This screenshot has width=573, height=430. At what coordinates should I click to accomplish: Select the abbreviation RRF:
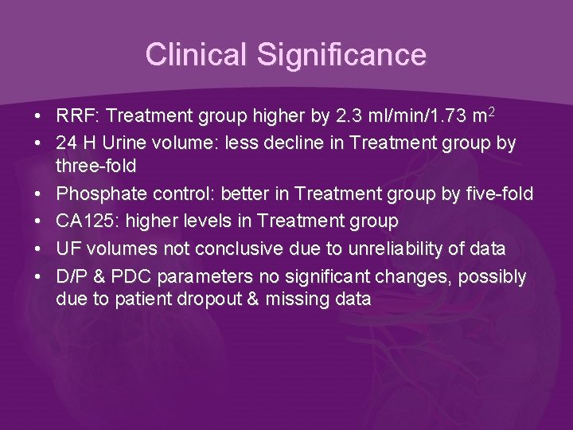78,117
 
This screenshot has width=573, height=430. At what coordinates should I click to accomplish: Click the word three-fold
96,166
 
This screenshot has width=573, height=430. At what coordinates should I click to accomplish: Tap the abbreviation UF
68,249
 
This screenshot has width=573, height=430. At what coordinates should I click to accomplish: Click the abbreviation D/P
72,277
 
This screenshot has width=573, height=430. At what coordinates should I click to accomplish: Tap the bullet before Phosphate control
38,193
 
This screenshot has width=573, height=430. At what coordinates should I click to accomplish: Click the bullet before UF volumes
38,249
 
